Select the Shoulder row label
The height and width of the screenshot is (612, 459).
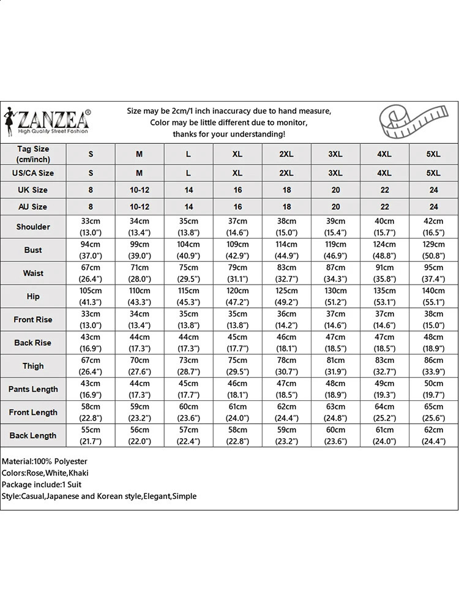click(33, 226)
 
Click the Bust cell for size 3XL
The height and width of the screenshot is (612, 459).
click(335, 250)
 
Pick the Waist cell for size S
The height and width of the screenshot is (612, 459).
click(91, 273)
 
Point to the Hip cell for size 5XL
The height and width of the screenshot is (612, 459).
click(433, 296)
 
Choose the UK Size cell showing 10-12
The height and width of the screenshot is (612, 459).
click(140, 190)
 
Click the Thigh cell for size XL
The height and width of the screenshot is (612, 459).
click(237, 366)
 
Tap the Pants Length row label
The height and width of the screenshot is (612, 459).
click(33, 389)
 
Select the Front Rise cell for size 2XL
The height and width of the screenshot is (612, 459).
click(286, 319)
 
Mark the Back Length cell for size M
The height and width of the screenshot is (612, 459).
click(140, 436)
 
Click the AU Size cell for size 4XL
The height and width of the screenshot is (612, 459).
click(384, 207)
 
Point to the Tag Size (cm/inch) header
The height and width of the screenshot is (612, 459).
click(33, 154)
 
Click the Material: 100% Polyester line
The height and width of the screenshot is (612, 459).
click(45, 461)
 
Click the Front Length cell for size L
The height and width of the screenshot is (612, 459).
click(188, 412)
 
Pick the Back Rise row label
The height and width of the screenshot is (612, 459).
click(33, 343)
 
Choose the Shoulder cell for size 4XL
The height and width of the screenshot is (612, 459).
click(384, 226)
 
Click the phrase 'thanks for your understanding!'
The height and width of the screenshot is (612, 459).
click(229, 134)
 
